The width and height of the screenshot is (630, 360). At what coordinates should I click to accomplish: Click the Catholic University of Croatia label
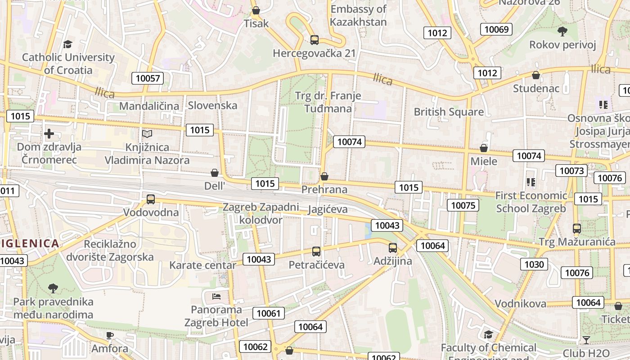coord(68,63)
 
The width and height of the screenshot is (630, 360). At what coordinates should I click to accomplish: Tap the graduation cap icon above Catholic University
coord(67,44)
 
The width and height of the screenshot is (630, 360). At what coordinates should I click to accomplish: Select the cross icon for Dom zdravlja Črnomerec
coord(49,134)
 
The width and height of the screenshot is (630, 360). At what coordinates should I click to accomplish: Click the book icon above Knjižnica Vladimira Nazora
coord(147,134)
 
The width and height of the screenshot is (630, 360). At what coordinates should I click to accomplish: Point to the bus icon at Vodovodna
coord(151,199)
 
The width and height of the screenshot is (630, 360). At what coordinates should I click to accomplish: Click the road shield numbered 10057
coord(148,78)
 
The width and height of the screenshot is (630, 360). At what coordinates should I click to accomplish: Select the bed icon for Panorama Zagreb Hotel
coord(216,297)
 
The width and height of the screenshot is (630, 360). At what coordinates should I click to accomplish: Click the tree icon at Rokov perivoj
coord(562,31)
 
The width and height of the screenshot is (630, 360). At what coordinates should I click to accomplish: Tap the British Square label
coord(449,112)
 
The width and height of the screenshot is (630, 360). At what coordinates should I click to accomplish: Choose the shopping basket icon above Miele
coord(484,148)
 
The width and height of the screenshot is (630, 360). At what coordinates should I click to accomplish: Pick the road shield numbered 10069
coord(497,30)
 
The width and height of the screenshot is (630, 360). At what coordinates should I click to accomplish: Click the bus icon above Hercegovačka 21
coord(315,40)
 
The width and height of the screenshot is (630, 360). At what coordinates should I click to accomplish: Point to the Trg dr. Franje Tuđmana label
coord(328,102)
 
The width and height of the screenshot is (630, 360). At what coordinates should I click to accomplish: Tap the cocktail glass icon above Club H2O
coord(586,340)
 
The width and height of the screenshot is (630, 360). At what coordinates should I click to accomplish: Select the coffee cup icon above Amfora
coord(110,335)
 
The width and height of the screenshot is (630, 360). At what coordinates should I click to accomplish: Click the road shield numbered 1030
coord(534,264)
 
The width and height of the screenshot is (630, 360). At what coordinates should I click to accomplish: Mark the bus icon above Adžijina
coord(393,247)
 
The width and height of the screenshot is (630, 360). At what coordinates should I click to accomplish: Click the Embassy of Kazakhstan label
coord(358,15)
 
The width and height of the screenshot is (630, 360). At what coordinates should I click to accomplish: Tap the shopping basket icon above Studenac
coord(535,75)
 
